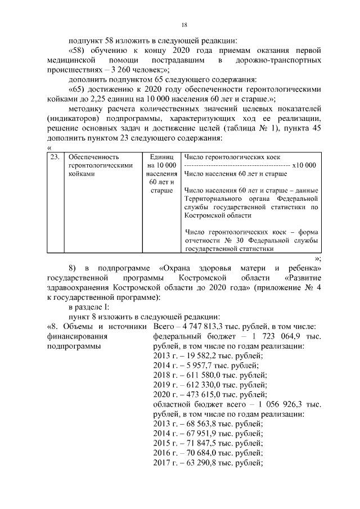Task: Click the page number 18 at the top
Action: click(184, 25)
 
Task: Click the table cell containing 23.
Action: click(55, 157)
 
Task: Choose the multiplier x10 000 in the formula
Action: click(304, 165)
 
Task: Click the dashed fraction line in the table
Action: click(236, 166)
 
